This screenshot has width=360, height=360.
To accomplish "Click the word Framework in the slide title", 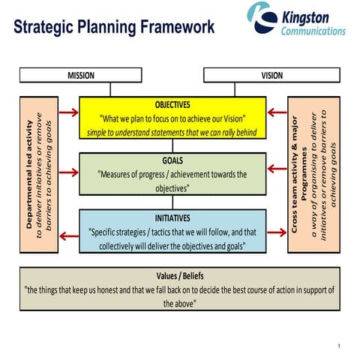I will point(175,28).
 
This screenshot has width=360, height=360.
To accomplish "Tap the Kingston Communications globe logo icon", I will point(263,18).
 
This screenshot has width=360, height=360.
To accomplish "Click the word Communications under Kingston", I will point(313,31).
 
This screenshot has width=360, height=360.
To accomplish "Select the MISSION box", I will point(80,75).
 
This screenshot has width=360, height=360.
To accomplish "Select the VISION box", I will point(272,75).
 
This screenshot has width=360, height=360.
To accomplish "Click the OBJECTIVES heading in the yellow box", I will point(172,104).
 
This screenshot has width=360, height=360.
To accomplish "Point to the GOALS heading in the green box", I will point(172,160).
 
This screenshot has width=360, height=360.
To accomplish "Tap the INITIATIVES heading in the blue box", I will point(172,217).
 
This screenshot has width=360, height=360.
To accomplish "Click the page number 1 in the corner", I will point(340,346).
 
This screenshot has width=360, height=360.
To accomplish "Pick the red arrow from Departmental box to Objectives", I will point(67,112).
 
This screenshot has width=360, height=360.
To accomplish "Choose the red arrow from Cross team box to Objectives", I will point(277,112).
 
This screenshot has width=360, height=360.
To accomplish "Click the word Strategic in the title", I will point(48,28).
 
